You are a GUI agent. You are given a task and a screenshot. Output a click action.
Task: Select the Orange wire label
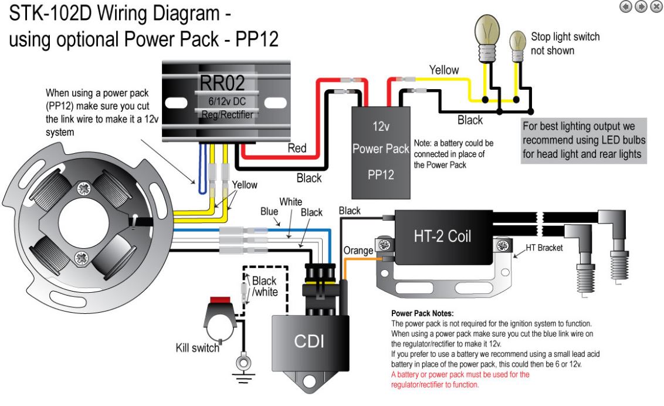(358, 251)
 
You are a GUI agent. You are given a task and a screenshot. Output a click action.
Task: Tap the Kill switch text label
(198, 346)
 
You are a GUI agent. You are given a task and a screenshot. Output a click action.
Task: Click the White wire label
(290, 201)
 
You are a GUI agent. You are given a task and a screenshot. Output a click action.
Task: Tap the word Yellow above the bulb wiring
(445, 70)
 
